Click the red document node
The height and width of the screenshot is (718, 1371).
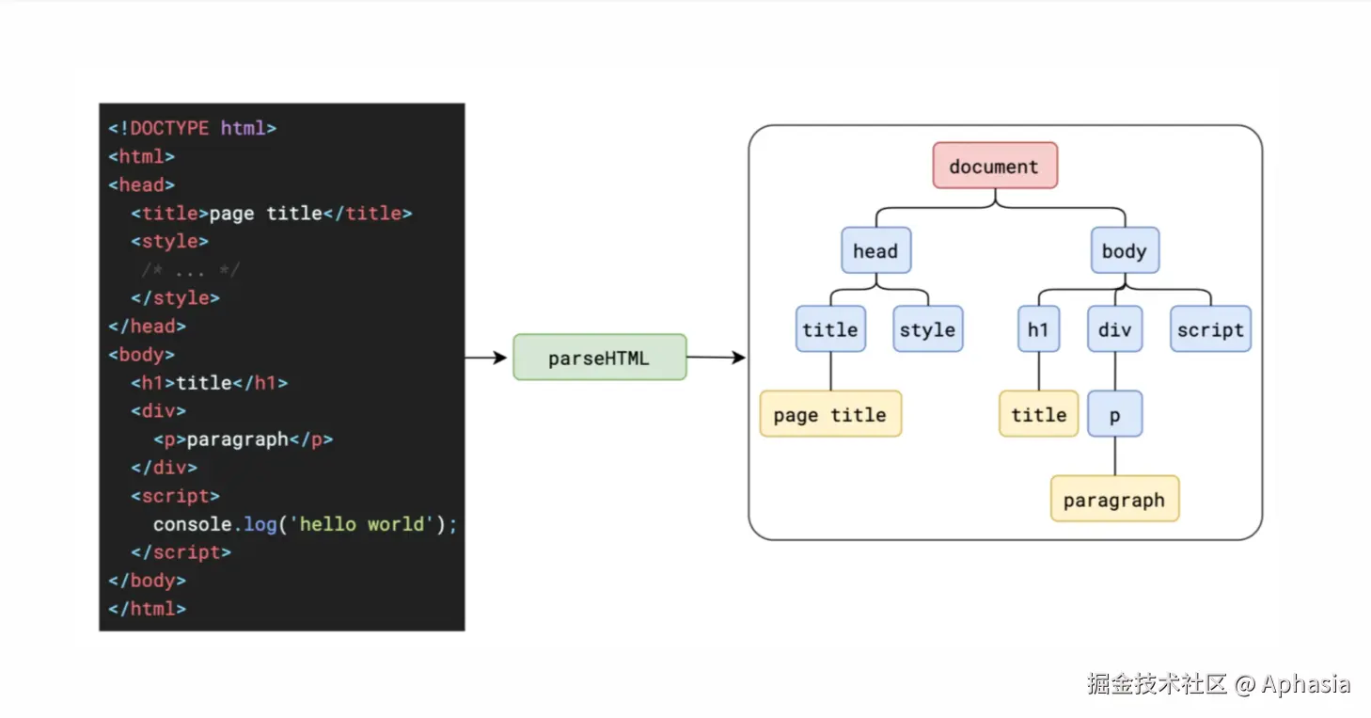click(995, 166)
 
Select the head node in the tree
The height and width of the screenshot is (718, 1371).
click(875, 250)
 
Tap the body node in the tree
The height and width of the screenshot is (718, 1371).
click(1125, 250)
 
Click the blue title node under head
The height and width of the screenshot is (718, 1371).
click(830, 329)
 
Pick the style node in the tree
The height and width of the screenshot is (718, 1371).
click(928, 329)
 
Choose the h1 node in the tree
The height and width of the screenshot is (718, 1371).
click(1039, 329)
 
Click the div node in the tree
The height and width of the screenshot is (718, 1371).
click(1114, 329)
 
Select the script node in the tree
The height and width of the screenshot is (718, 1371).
click(1210, 329)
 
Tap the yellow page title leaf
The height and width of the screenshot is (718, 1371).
click(830, 413)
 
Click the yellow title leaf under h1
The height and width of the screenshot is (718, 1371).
click(1039, 413)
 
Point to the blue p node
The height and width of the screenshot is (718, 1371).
click(1114, 413)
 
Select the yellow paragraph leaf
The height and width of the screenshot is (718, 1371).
click(1114, 499)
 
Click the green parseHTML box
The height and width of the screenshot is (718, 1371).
click(600, 358)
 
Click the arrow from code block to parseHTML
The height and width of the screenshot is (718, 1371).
click(486, 358)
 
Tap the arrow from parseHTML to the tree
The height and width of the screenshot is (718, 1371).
click(717, 358)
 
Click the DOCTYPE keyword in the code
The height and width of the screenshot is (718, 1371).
click(169, 128)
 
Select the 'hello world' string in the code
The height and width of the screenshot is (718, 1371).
click(362, 524)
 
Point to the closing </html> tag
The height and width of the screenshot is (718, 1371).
click(148, 609)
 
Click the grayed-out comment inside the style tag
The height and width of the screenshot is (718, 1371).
click(190, 269)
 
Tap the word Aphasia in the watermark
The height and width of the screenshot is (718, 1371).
click(1305, 684)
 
